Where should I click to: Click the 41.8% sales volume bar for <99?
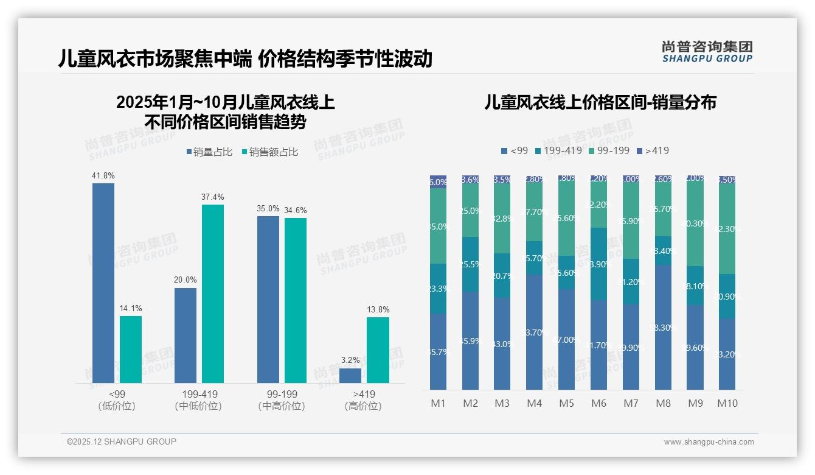pyautogui.click(x=103, y=283)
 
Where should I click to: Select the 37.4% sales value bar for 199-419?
pyautogui.click(x=213, y=294)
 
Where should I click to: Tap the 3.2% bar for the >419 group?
pyautogui.click(x=350, y=376)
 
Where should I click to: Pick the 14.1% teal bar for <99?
pyautogui.click(x=131, y=350)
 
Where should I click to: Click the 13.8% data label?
pyautogui.click(x=378, y=309)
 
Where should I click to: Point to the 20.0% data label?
pyautogui.click(x=186, y=280)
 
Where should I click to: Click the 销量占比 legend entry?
pyautogui.click(x=209, y=152)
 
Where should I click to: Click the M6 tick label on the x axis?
pyautogui.click(x=598, y=403)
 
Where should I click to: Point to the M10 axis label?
pyautogui.click(x=727, y=403)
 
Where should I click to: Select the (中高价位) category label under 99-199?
pyautogui.click(x=282, y=406)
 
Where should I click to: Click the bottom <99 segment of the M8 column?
pyautogui.click(x=664, y=328)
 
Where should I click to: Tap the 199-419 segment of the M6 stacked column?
pyautogui.click(x=599, y=264)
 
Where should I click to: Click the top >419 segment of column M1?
pyautogui.click(x=439, y=181)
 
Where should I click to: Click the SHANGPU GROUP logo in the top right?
pyautogui.click(x=707, y=52)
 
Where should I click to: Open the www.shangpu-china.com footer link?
pyautogui.click(x=709, y=442)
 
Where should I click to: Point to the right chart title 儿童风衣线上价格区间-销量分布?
pyautogui.click(x=600, y=102)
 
